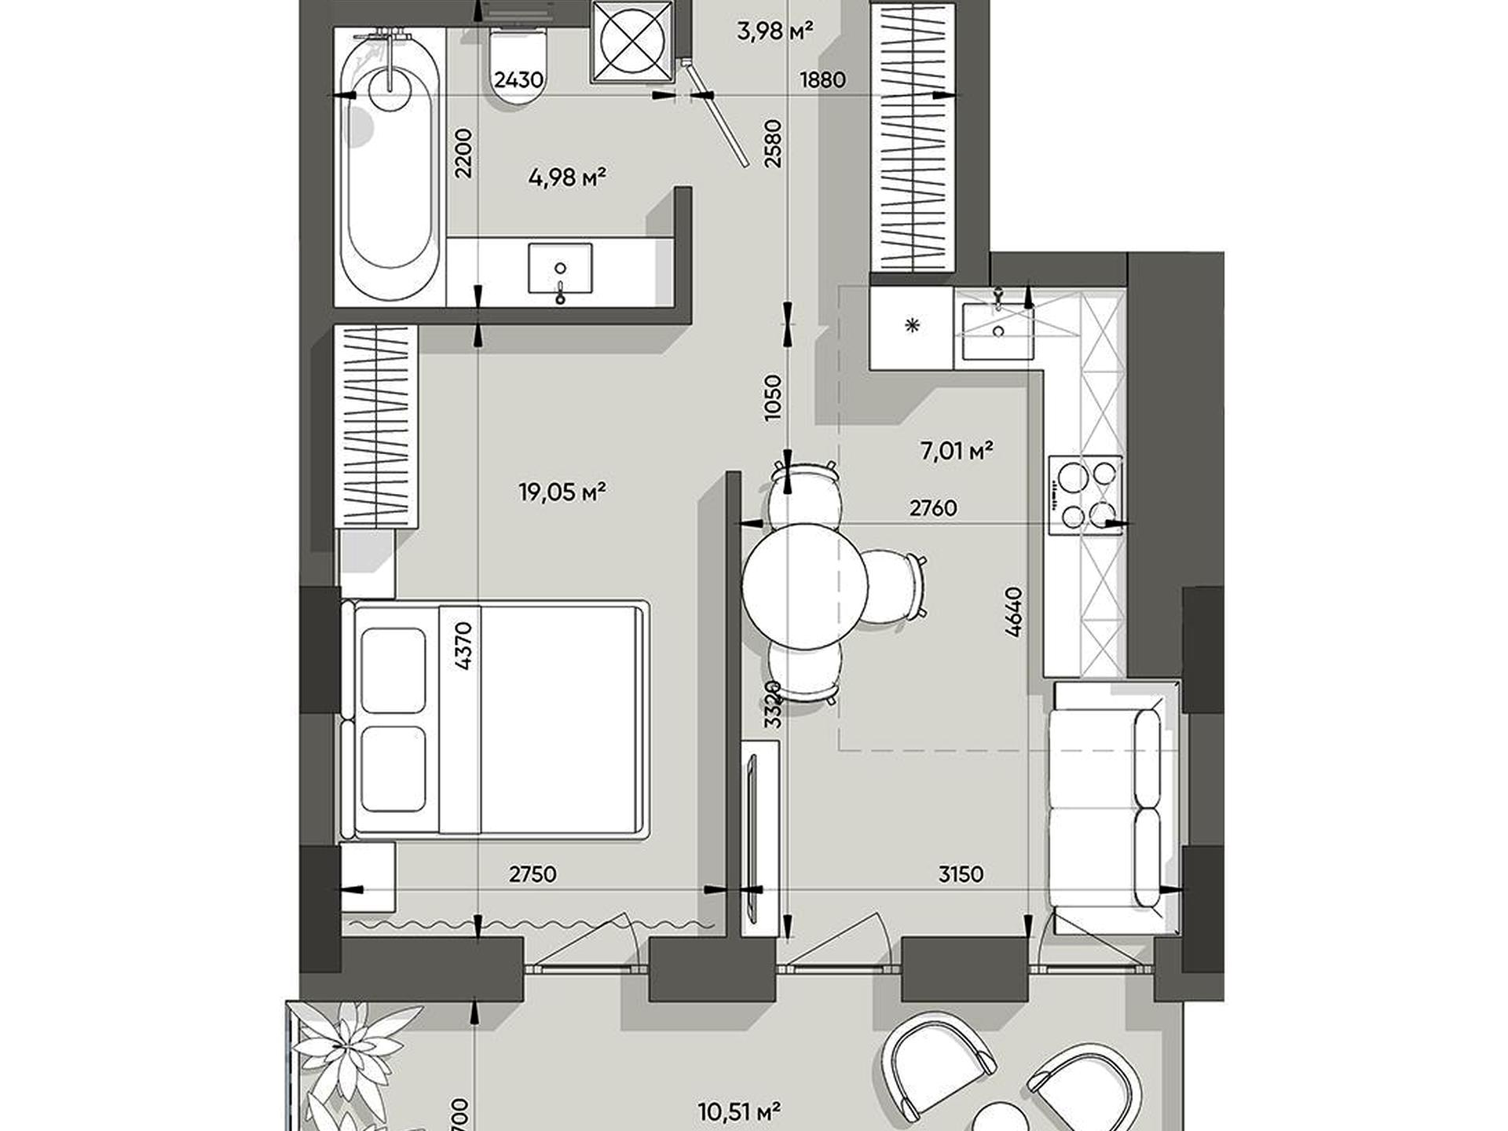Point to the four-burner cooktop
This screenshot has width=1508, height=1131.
1085,495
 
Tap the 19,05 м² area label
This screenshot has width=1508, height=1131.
562,492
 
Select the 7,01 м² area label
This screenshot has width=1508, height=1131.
957,451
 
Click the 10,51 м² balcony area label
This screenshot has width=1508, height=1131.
739,1111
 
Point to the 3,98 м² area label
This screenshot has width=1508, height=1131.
774,31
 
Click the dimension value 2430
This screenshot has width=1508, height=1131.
518,79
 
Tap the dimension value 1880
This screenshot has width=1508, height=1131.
822,79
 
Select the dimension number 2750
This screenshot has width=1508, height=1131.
533,873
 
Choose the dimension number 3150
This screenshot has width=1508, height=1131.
961,873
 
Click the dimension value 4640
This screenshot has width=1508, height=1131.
1014,612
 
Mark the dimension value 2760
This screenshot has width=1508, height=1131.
933,508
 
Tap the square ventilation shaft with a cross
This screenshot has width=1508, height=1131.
632,41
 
